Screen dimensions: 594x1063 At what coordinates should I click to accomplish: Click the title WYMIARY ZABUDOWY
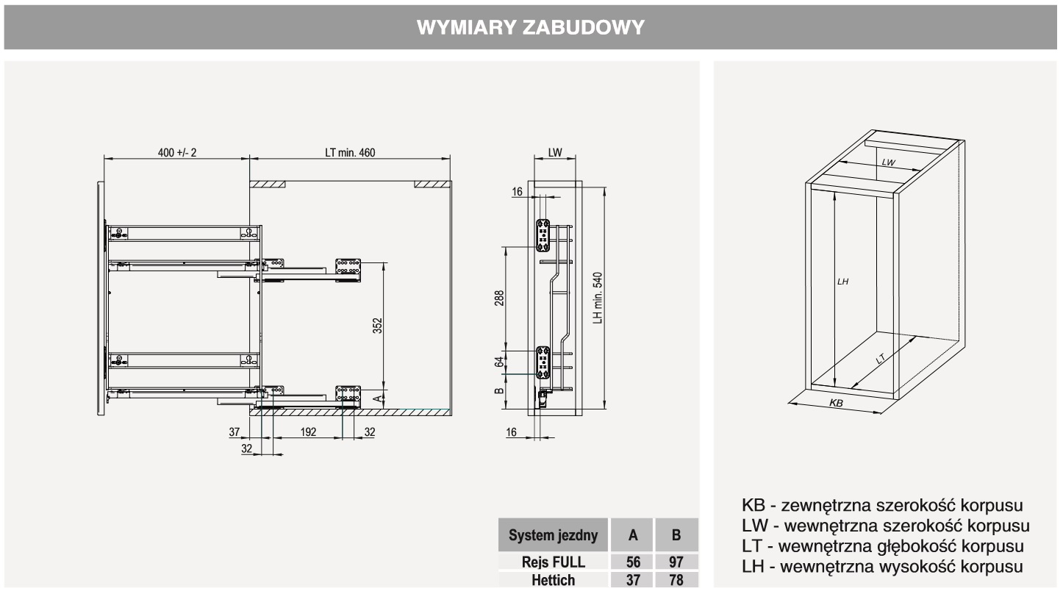(x=531, y=28)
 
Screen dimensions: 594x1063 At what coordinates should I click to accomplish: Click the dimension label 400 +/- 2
(x=177, y=153)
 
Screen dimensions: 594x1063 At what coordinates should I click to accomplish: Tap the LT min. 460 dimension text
(x=350, y=153)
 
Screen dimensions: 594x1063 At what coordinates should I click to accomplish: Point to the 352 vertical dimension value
(x=377, y=326)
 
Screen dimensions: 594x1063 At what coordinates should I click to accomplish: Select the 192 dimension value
(x=307, y=432)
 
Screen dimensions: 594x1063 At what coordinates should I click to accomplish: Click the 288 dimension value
(x=499, y=298)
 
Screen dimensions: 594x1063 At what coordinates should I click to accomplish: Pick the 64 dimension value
(x=499, y=362)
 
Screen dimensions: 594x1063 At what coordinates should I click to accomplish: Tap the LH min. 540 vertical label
(x=597, y=298)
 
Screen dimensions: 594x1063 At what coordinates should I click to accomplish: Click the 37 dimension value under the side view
(x=235, y=432)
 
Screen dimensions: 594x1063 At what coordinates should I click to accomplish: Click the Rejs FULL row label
(x=554, y=562)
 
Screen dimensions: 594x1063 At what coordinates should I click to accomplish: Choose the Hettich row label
(x=554, y=580)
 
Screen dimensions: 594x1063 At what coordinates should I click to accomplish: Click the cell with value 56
(x=633, y=562)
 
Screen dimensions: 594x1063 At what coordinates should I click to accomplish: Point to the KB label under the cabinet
(x=836, y=404)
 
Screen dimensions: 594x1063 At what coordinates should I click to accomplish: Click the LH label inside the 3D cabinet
(x=842, y=282)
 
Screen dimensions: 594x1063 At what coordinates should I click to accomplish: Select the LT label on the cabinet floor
(x=880, y=359)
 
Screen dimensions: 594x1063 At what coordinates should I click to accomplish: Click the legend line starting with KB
(x=883, y=507)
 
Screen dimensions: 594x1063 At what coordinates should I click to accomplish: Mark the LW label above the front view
(x=555, y=153)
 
